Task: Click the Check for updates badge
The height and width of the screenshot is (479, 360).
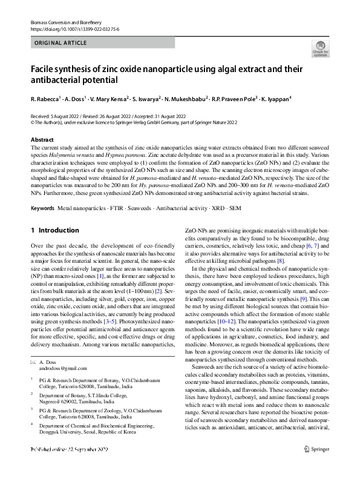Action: (319, 48)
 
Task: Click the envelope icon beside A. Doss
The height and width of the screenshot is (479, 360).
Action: (33, 362)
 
